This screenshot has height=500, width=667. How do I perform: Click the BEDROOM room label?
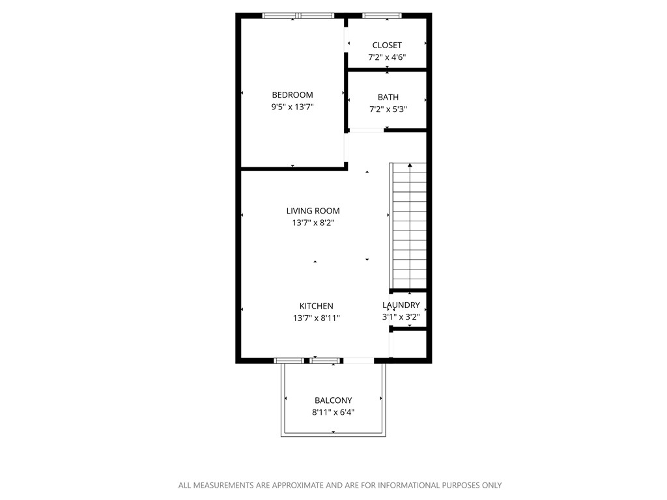coord(292,94)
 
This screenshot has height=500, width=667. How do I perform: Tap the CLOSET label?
coord(387,45)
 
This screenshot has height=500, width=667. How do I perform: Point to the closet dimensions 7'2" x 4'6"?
coord(387,57)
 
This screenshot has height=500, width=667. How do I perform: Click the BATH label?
coord(388,97)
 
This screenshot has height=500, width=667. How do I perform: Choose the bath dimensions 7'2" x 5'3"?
coord(388,109)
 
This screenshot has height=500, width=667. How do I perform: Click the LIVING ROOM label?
coord(313,210)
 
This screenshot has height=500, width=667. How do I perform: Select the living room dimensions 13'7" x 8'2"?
coord(313,223)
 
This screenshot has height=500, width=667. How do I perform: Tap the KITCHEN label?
coord(316,306)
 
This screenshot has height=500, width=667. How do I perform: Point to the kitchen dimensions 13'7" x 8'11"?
coord(316,318)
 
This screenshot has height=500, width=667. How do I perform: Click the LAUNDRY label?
coord(401,305)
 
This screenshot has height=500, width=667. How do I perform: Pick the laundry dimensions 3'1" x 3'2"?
coord(401,317)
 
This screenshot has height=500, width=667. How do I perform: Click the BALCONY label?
coord(333,400)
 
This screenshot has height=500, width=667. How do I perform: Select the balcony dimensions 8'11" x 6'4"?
coord(333,413)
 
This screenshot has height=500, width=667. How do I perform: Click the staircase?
coord(409,228)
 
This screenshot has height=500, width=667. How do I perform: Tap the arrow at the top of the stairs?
coord(410,167)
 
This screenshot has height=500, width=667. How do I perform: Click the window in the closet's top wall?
coord(382,15)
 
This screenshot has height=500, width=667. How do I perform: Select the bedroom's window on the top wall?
coord(298,15)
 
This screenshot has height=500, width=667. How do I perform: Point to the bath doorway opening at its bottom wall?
coord(366,131)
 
